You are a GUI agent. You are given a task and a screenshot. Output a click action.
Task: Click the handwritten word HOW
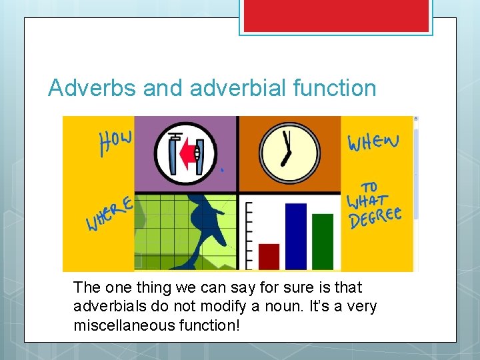[116, 141]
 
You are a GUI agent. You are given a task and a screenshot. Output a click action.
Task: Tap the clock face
[289, 153]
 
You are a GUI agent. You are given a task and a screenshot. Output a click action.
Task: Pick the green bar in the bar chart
[323, 241]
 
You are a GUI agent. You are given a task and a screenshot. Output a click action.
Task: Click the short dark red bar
[269, 256]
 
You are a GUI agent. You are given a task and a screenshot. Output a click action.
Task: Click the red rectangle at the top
[336, 16]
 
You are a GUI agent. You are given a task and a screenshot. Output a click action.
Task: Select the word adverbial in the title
[223, 88]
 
